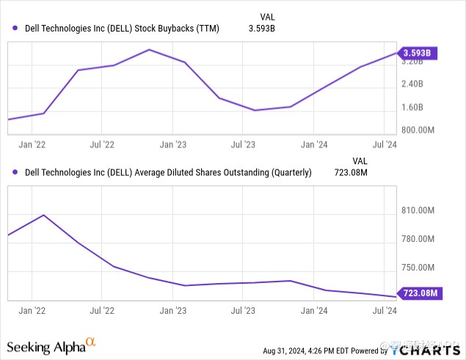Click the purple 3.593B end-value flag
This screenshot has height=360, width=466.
417,53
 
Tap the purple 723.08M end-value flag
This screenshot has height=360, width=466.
420,293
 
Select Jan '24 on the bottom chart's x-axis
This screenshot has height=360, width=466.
314,311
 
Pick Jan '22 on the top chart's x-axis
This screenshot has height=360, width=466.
32,145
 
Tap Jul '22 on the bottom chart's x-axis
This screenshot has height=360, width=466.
102,311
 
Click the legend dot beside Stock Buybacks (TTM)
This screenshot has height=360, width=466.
16,29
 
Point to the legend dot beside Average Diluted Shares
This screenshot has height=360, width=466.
16,173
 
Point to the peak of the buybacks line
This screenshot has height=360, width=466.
149,50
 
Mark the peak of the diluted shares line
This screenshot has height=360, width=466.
43,215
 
